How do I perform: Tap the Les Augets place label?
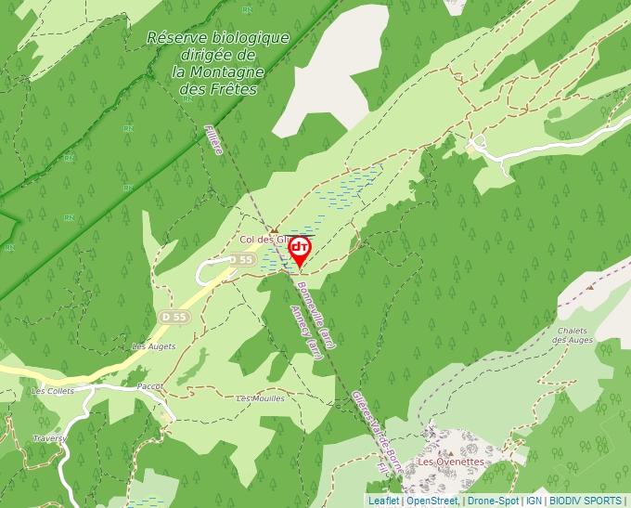(x=153, y=346)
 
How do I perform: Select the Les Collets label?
(x=52, y=391)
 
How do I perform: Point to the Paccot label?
(x=149, y=385)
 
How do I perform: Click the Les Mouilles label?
(x=261, y=398)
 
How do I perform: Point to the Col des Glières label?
(x=261, y=240)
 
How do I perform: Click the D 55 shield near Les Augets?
(x=173, y=317)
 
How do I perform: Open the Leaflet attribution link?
(x=383, y=501)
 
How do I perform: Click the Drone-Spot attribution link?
(x=493, y=501)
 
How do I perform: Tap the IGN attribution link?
(x=534, y=501)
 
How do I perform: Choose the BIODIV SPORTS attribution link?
(x=586, y=501)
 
